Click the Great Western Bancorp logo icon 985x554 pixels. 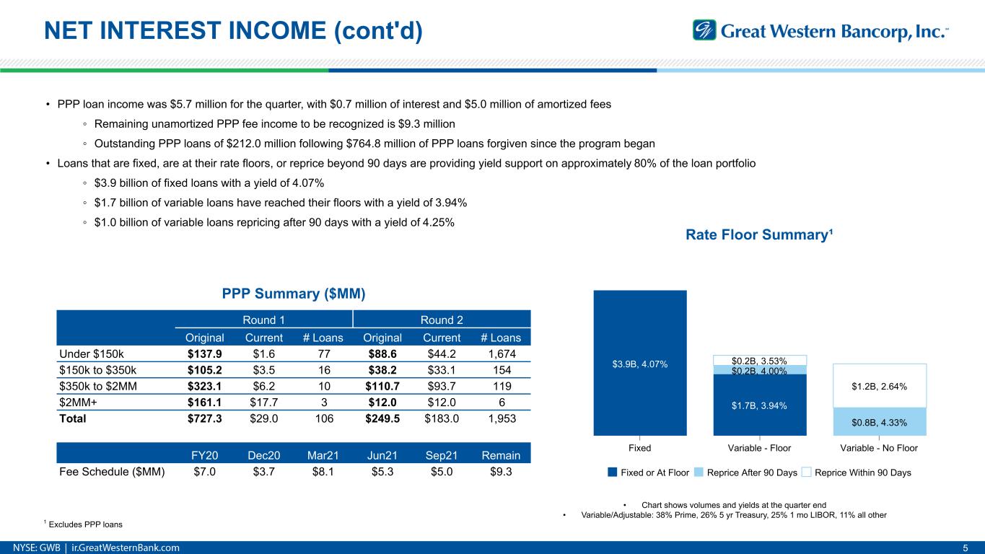coord(704,30)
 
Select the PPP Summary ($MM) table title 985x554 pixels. coord(293,294)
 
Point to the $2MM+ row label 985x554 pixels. coord(76,402)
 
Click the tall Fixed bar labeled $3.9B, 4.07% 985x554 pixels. coord(639,363)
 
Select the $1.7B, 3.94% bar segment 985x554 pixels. coord(760,405)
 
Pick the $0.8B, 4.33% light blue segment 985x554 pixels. coord(879,422)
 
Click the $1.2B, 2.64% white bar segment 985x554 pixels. coord(879,386)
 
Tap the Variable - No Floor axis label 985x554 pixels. coord(879,448)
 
